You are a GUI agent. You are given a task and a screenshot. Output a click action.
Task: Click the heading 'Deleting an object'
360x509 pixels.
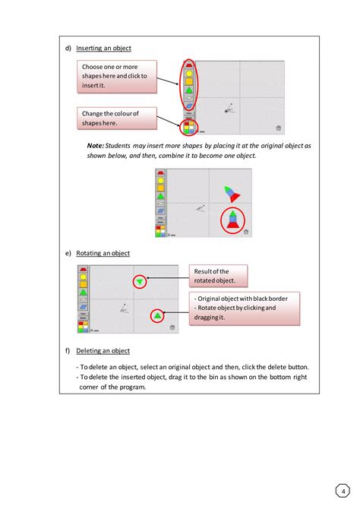pos(108,351)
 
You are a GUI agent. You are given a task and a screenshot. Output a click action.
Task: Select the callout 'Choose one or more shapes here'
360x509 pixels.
pos(118,77)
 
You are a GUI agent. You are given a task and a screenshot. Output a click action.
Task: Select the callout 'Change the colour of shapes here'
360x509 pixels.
pos(118,118)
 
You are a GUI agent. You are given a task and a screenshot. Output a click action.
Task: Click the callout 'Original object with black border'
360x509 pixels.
pos(245,308)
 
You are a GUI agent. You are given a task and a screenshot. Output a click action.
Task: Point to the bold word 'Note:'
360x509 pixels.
pos(96,144)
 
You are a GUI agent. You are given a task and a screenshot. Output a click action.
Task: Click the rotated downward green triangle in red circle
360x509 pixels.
pos(140,282)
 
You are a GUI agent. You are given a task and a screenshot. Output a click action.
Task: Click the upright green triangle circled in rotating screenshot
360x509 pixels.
pos(156,315)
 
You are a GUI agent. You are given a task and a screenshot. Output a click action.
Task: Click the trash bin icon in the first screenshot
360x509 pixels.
pos(279,128)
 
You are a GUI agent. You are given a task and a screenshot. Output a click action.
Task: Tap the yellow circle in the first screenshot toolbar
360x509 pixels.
pos(188,74)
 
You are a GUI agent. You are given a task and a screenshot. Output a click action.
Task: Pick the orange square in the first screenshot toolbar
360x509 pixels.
pos(188,85)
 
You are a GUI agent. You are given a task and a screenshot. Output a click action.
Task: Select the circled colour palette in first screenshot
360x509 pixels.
pos(189,127)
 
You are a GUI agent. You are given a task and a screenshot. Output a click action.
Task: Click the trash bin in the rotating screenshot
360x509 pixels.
pos(172,327)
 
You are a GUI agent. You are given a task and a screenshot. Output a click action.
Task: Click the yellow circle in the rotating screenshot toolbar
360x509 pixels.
pos(82,278)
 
